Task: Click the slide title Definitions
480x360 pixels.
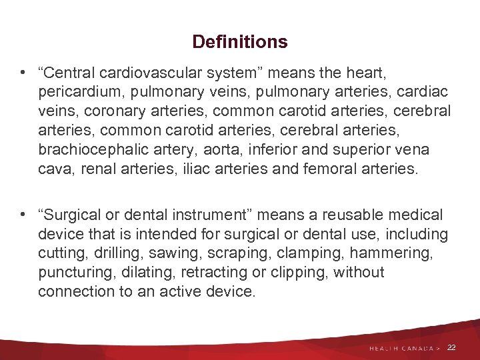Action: click(240, 42)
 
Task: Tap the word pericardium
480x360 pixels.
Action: click(77, 91)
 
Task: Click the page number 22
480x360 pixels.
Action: click(451, 347)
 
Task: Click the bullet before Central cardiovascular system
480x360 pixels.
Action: click(23, 71)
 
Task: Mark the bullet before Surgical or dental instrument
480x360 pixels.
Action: click(23, 215)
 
